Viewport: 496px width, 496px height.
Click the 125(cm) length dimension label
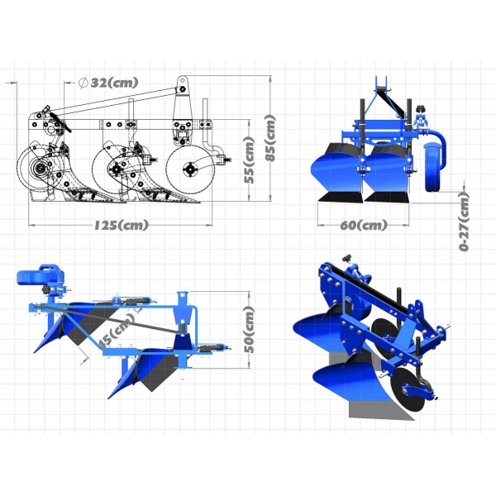122,225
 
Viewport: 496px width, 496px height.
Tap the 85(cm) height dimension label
270,138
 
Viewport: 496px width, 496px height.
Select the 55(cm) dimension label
250,160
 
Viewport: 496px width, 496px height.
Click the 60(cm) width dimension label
364,225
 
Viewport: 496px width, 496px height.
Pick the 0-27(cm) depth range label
464,222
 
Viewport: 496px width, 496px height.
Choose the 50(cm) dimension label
250,330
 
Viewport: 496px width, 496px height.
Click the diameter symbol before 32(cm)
83,83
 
